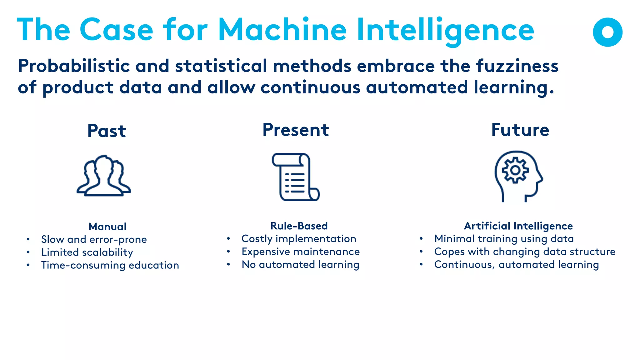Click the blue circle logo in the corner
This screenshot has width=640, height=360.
(607, 32)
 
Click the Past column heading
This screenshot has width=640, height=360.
(107, 131)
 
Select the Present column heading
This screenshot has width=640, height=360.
(296, 130)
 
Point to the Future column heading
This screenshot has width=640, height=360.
(520, 130)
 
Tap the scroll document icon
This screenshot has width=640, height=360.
(296, 177)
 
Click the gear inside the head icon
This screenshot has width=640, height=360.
(515, 170)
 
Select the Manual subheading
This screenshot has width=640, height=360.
(107, 227)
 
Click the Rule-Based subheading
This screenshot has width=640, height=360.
(299, 226)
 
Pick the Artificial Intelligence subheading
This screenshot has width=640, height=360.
(518, 226)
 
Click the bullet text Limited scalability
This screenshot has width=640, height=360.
(87, 252)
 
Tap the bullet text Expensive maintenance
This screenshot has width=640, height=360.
(301, 252)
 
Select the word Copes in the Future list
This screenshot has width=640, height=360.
(449, 252)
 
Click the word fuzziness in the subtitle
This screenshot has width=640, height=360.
(517, 66)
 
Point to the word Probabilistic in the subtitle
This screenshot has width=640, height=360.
(74, 66)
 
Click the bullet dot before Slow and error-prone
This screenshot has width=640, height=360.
(28, 240)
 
